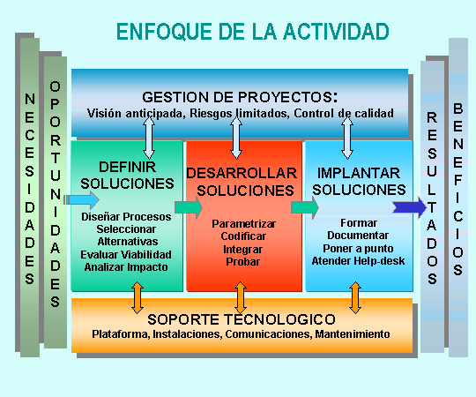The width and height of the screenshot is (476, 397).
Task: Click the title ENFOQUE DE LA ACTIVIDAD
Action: click(x=253, y=32)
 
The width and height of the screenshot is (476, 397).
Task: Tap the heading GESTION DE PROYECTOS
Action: click(x=240, y=97)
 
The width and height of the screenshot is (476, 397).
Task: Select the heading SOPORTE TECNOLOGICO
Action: click(x=242, y=319)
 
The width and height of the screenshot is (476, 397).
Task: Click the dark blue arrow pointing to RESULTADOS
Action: click(x=410, y=207)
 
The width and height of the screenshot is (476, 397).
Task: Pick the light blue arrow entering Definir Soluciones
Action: click(x=82, y=200)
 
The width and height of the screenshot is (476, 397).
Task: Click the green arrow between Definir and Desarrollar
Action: click(x=189, y=207)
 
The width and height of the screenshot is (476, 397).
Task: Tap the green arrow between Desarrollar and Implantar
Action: click(x=305, y=207)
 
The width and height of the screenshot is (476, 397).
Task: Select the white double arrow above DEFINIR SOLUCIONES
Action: click(x=149, y=138)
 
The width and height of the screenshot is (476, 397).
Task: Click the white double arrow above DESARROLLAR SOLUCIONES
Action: click(x=236, y=138)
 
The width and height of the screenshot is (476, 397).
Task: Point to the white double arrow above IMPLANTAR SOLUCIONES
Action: click(x=347, y=138)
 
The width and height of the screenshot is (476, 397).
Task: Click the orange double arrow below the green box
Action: click(x=138, y=297)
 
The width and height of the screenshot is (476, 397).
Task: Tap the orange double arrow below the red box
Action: click(x=241, y=297)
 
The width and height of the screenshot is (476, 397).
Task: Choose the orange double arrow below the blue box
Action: click(x=355, y=297)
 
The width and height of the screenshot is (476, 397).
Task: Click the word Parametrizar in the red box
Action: click(x=244, y=224)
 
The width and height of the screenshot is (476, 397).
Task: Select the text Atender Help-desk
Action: click(x=358, y=261)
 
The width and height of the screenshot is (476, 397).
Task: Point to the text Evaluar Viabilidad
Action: click(x=126, y=255)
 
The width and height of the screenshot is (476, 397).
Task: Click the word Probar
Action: click(x=243, y=261)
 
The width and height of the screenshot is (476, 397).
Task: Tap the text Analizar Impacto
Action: click(x=126, y=267)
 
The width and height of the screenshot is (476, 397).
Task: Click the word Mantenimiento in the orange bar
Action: click(x=353, y=334)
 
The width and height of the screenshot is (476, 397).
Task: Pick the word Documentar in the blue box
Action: click(x=358, y=236)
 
